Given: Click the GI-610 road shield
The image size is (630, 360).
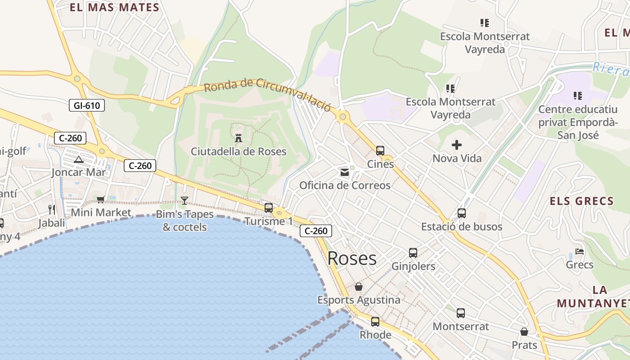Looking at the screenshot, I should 87,106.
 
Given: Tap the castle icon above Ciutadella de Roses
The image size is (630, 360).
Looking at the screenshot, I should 238,138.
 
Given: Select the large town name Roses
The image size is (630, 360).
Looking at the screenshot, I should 352,258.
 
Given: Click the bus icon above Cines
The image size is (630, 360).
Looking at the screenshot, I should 380,151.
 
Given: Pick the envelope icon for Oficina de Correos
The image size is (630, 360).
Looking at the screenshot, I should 345,172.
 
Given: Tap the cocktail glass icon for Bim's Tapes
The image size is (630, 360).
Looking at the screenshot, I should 184,201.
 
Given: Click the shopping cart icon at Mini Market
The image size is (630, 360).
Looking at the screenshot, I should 101,199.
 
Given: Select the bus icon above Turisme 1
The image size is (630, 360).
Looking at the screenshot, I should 269,207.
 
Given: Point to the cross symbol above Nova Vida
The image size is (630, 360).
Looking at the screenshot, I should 457,145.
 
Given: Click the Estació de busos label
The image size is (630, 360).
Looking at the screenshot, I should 462,226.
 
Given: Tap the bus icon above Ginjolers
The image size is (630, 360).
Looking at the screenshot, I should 413,253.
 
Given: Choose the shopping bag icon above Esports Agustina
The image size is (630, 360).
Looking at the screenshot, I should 359,287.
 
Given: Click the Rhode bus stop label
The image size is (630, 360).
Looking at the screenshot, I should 375,335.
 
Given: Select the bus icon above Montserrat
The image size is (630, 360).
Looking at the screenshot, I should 460,313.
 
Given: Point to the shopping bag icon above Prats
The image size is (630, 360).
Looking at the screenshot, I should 524,332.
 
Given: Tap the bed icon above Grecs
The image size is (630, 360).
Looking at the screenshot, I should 580,252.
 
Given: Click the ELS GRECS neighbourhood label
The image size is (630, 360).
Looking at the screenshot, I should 581,201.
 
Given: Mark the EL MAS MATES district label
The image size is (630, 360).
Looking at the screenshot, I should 115,7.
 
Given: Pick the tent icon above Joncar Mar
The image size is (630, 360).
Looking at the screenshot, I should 79,159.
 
